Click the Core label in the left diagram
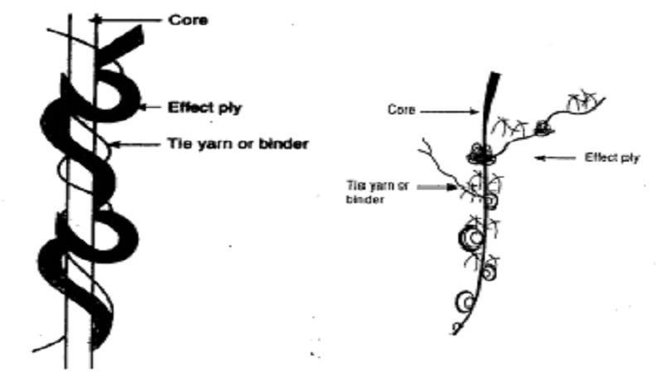click(x=188, y=20)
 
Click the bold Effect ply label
click(x=205, y=108)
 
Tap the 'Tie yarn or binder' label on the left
click(x=238, y=143)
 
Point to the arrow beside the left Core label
click(x=126, y=19)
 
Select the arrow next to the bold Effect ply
click(x=150, y=108)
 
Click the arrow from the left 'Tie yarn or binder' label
click(x=135, y=144)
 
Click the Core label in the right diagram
click(x=401, y=110)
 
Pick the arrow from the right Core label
click(x=449, y=112)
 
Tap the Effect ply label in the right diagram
click(x=612, y=157)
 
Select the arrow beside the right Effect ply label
click(x=555, y=158)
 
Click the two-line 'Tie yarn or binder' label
click(x=378, y=192)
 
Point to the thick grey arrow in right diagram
click(x=438, y=186)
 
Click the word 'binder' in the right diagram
click(x=365, y=199)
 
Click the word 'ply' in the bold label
click(x=230, y=109)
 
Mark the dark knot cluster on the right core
click(x=481, y=154)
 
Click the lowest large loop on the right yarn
click(x=465, y=302)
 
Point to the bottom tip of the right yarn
click(x=454, y=334)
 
